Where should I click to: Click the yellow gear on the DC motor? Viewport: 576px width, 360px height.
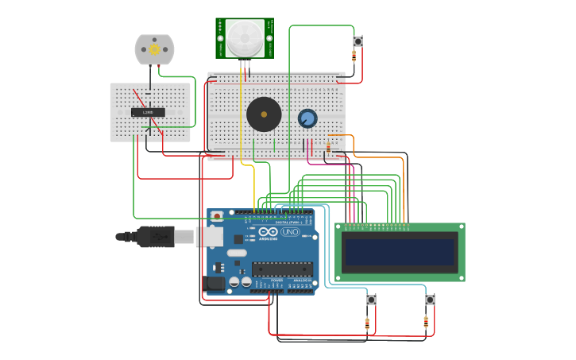154,49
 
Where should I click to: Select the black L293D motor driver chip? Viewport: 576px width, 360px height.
148,112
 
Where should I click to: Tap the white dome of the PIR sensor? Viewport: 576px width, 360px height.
245,37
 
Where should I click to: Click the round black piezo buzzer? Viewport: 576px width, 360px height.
264,114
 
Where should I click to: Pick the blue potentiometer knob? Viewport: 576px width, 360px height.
307,118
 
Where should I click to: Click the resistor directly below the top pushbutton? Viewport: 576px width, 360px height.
354,55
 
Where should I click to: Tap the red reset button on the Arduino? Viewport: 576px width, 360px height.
217,215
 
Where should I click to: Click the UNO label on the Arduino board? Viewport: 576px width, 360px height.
289,232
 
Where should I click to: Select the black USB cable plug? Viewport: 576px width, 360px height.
155,236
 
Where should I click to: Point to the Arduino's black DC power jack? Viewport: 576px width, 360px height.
215,282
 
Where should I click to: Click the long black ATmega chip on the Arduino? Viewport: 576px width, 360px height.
281,269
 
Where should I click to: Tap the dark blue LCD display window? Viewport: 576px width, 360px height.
400,252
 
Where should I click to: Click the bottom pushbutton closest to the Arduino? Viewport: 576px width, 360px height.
371,300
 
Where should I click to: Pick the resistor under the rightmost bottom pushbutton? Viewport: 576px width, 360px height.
426,323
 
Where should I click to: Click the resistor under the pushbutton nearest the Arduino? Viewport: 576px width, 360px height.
367,323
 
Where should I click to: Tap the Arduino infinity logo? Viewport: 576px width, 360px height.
268,231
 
